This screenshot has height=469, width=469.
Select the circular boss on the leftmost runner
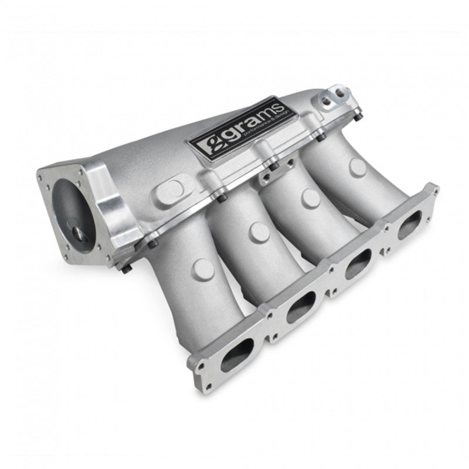click(x=203, y=269)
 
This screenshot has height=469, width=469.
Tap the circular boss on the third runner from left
click(x=310, y=198)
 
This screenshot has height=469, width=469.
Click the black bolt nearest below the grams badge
click(x=274, y=165)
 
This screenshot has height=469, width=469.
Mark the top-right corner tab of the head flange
click(x=432, y=189)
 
